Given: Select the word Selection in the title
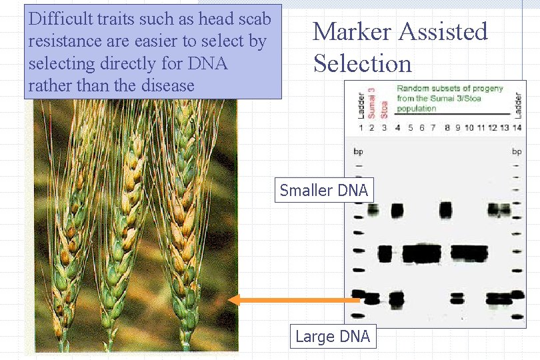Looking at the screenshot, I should [363, 64].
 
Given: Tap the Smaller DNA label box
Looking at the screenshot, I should [323, 191].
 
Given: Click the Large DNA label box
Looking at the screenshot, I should [332, 337].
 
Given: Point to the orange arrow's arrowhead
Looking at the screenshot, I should [234, 300].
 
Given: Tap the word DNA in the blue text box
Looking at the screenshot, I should [207, 63].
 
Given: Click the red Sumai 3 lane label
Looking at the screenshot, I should [372, 103].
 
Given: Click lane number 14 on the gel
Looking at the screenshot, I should [517, 128].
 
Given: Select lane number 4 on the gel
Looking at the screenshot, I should [397, 128].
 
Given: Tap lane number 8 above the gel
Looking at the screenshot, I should [446, 128].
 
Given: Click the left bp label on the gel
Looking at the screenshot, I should [358, 152].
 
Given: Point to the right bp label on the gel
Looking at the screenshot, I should [516, 152].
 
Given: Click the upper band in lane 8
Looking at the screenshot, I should [446, 211].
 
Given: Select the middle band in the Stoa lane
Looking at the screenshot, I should [385, 253].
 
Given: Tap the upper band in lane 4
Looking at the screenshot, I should [397, 211].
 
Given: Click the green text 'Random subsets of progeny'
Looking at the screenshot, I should [449, 89].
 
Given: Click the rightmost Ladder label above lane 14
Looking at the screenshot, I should [518, 105].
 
